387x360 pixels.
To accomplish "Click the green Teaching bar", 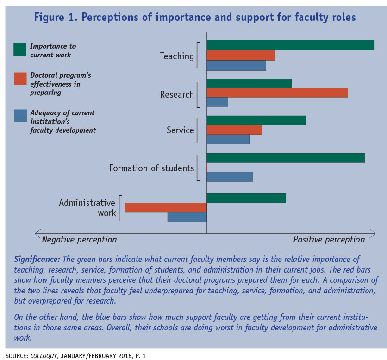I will (290, 45).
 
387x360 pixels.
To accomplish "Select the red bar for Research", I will (277, 93).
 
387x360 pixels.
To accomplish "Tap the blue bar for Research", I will (217, 102).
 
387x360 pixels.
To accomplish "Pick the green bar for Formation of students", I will (286, 158).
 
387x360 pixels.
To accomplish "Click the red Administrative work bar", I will (166, 207).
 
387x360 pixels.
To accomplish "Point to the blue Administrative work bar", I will (187, 217).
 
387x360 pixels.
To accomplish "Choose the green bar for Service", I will (256, 120).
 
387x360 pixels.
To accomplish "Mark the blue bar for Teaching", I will (236, 65).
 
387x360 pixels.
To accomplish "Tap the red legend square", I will (20, 79).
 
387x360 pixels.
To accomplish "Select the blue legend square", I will (20, 116).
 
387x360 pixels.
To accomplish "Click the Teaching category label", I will (177, 56).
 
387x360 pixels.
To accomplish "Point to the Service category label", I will (180, 130).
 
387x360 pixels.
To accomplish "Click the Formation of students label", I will (151, 168).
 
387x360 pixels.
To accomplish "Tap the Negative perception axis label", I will (79, 239).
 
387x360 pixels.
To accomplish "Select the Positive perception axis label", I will (329, 239).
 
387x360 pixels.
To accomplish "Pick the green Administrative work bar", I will (246, 198).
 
